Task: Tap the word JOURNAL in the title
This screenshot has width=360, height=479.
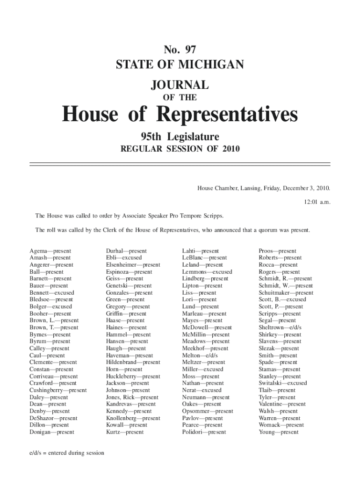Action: click(x=180, y=85)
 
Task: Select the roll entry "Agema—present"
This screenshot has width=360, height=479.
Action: click(x=50, y=251)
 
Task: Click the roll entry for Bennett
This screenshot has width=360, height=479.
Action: click(x=51, y=293)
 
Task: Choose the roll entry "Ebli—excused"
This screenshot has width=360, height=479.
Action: click(x=124, y=258)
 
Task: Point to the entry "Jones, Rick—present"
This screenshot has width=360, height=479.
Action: click(x=132, y=397)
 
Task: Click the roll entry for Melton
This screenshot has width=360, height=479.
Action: click(x=200, y=356)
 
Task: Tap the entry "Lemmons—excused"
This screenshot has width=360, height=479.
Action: click(x=207, y=272)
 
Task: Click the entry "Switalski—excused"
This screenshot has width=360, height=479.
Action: click(x=282, y=383)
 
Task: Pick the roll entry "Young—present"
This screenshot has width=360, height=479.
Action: click(x=278, y=432)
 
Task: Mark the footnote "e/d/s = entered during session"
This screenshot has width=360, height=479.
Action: click(x=67, y=453)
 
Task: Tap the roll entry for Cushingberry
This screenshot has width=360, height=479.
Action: click(x=58, y=390)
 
